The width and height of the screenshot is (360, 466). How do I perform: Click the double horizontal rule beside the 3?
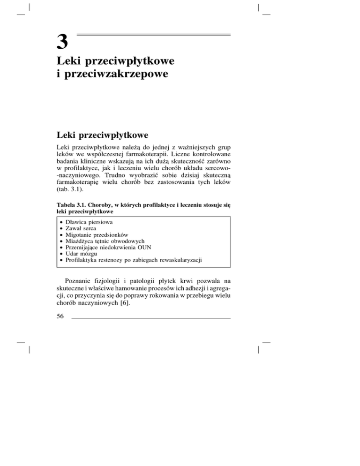(153, 35)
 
